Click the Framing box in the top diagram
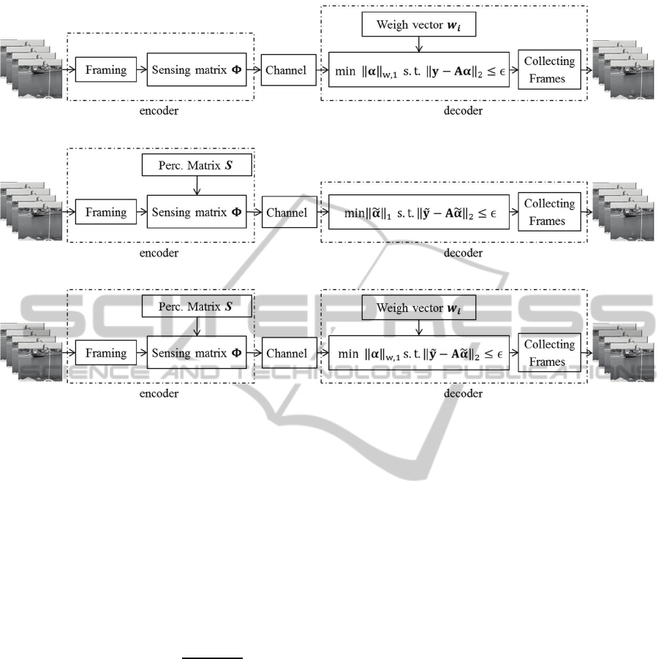click(x=106, y=71)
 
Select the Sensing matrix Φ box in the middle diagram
click(x=197, y=213)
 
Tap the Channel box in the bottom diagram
click(x=286, y=354)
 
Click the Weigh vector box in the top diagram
click(x=418, y=26)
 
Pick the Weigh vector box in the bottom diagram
click(x=419, y=308)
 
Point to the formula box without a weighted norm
click(x=418, y=213)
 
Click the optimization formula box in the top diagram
click(x=418, y=71)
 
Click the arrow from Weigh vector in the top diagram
click(x=418, y=45)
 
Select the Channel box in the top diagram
click(x=286, y=71)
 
